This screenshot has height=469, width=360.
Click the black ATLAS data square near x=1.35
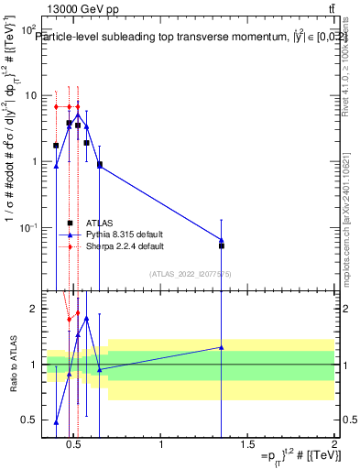click(222, 245)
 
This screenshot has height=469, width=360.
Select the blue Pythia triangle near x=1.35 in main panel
click(222, 239)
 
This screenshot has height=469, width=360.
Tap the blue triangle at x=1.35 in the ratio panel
click(222, 347)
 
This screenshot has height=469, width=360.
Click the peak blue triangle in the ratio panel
click(86, 318)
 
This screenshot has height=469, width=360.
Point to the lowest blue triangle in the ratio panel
click(56, 422)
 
